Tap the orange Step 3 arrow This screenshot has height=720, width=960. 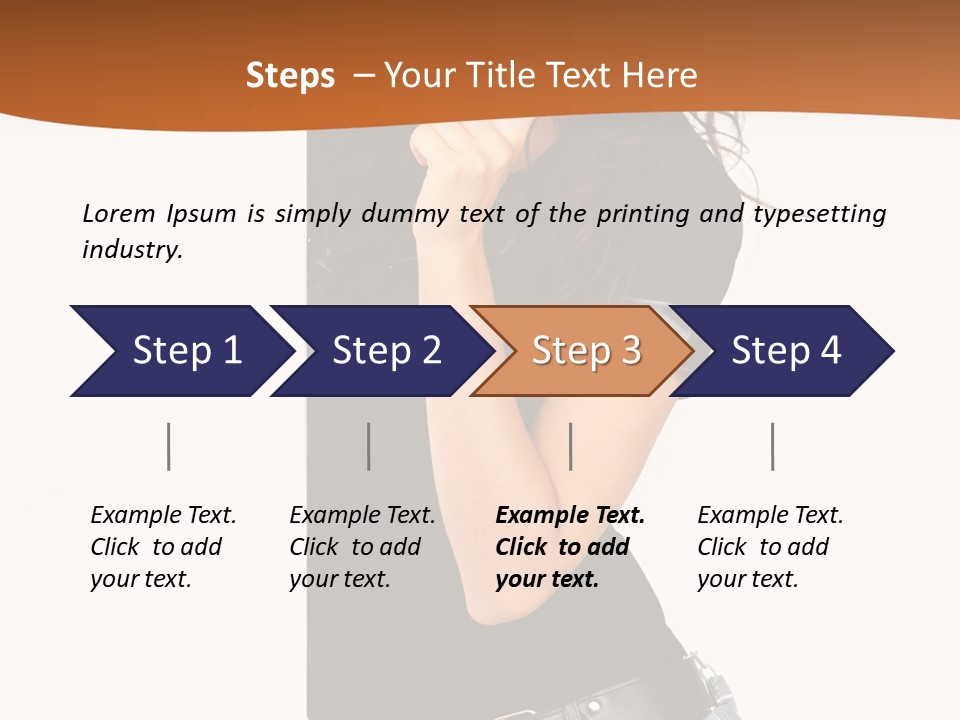pos(586,351)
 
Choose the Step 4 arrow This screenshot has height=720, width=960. pos(786,351)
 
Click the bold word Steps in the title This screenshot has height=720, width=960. pos(290,75)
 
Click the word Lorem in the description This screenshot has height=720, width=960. pos(117,213)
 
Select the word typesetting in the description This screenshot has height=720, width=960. pos(819,214)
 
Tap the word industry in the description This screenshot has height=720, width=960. pos(132,249)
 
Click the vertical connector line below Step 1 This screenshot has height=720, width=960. pos(168,446)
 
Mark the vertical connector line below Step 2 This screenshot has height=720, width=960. pos(368,446)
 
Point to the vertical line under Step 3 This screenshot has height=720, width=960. pos(570,446)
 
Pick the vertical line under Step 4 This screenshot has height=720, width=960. pos(772,446)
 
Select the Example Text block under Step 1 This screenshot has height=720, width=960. pos(163,547)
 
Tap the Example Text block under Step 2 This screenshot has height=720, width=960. pos(362,547)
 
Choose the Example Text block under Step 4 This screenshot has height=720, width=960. pos(770,547)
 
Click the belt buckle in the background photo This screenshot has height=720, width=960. pos(711,689)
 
